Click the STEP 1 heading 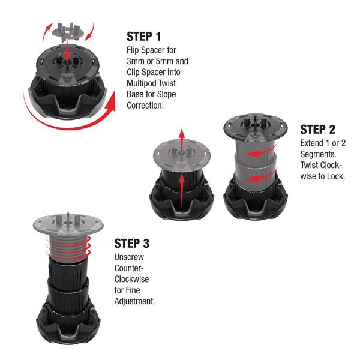coord(144,37)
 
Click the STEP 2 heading coord(317,130)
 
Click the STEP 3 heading coord(132,244)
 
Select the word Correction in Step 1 coord(145,106)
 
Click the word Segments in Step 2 coord(318,154)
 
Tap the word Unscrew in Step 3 coord(129,257)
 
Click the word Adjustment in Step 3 coord(134,301)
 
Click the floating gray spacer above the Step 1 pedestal coord(67,32)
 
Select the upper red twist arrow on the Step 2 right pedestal coord(262,151)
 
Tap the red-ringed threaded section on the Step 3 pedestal coord(68,248)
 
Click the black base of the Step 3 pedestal coord(68,325)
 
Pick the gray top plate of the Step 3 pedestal coord(68,225)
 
